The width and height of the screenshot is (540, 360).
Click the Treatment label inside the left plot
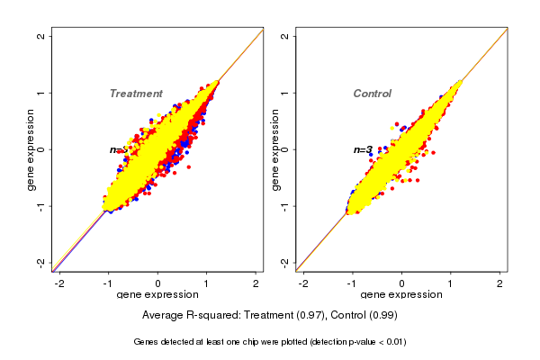(x=136, y=94)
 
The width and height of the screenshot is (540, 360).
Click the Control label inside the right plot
(x=373, y=94)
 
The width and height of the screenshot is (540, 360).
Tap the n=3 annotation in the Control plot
(x=363, y=149)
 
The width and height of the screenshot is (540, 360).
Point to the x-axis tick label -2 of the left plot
(x=60, y=283)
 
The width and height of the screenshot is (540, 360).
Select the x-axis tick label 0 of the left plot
(x=158, y=283)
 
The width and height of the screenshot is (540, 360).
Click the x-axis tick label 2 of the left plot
(x=256, y=283)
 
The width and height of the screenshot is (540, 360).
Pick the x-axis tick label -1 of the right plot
(x=353, y=283)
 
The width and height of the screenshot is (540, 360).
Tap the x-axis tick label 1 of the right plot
(x=452, y=283)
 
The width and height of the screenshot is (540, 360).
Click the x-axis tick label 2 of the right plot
(x=501, y=283)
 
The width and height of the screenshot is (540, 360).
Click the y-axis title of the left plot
(x=31, y=149)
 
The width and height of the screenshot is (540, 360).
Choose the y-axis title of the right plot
(x=274, y=149)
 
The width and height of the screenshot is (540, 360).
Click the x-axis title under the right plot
(x=402, y=295)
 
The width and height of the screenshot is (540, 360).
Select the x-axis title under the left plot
(x=158, y=295)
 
